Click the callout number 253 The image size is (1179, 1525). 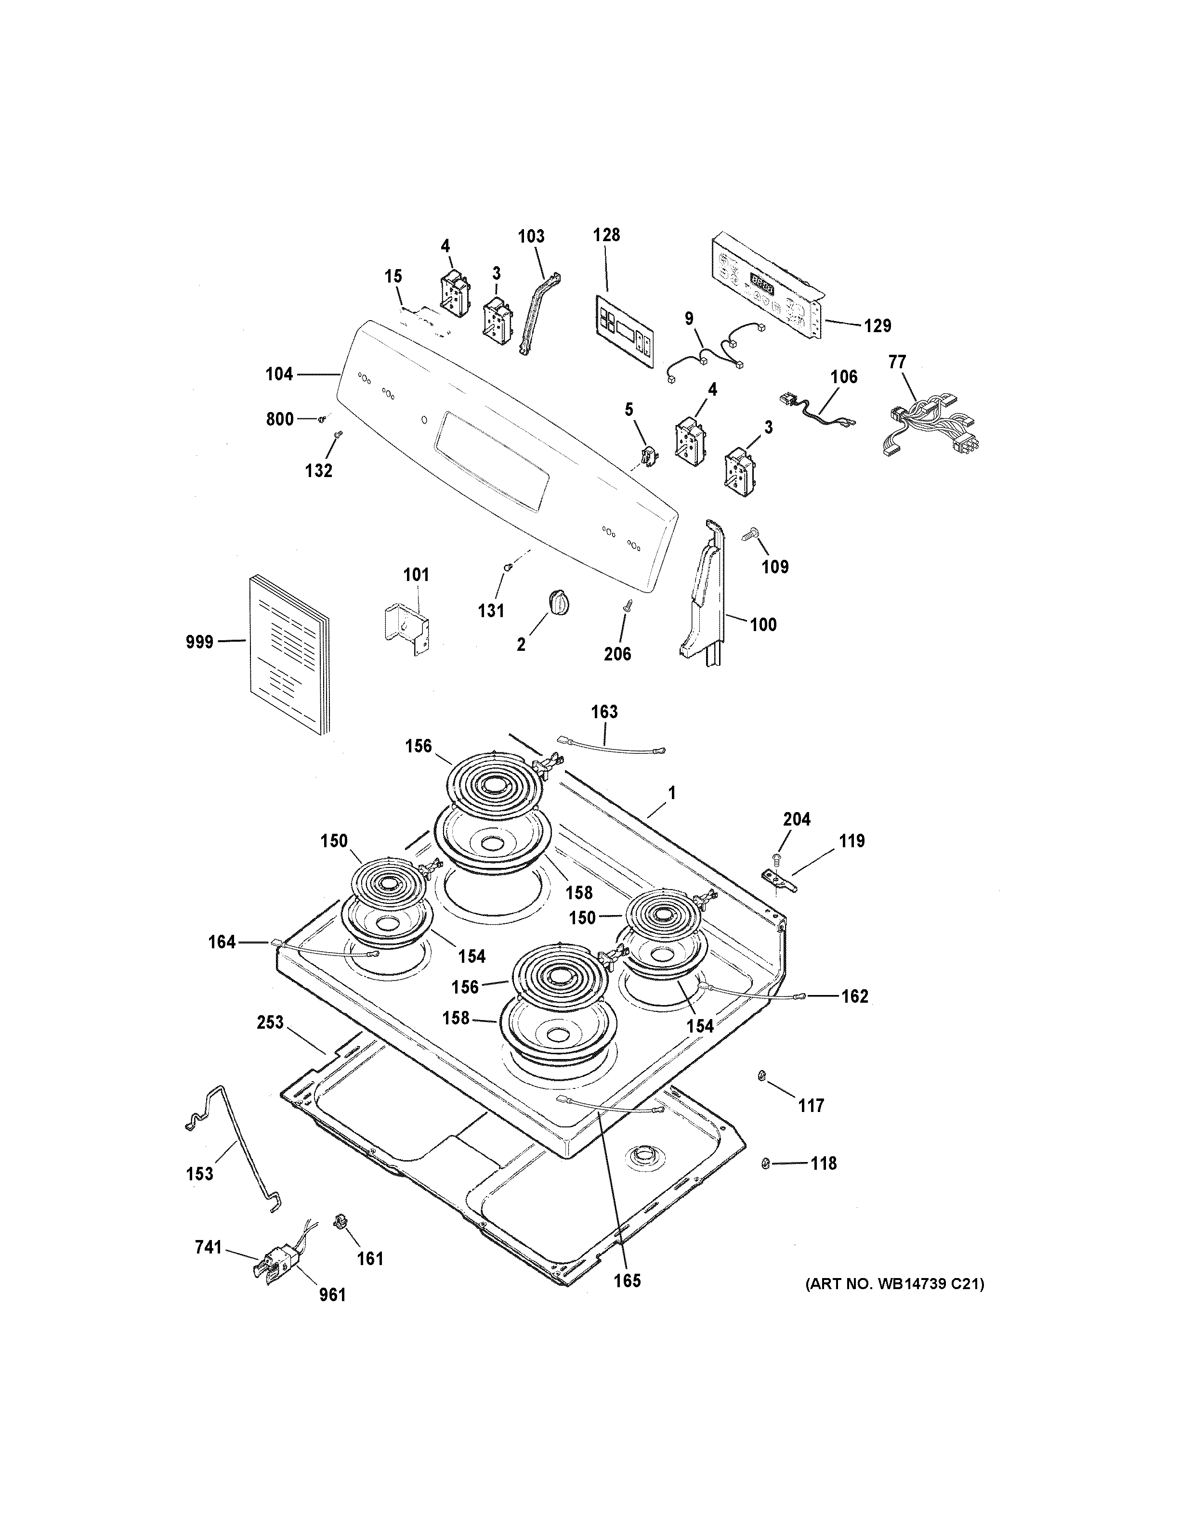(270, 1023)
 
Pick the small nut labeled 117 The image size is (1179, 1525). (762, 1076)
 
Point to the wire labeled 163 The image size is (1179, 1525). (611, 746)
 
